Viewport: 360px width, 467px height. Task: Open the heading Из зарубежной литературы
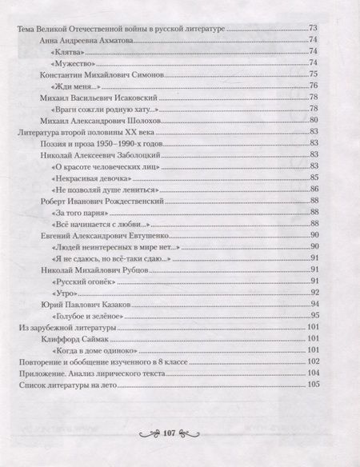pos(67,329)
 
